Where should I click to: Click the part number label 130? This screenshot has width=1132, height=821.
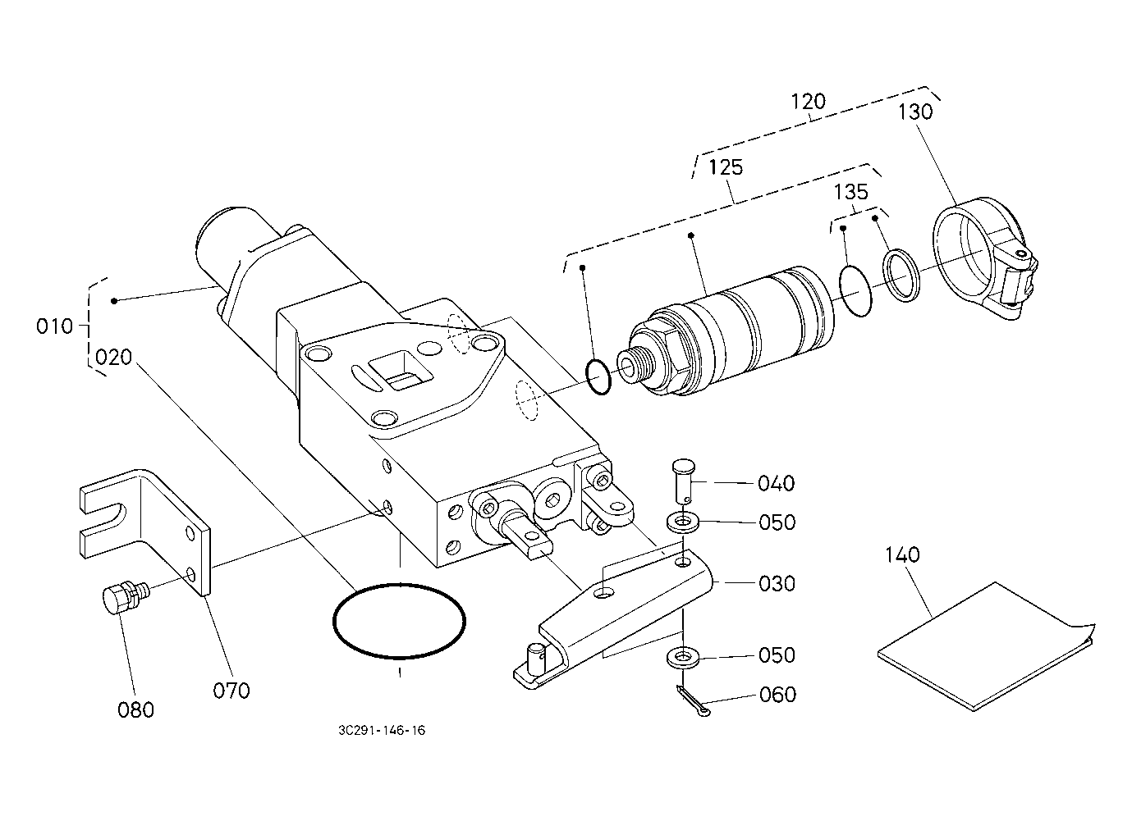[x=915, y=112]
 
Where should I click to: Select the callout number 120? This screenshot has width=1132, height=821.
[x=808, y=102]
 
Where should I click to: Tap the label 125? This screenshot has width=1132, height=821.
[x=726, y=167]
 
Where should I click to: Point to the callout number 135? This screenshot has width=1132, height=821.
[x=851, y=192]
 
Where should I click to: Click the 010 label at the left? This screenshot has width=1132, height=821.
[x=54, y=326]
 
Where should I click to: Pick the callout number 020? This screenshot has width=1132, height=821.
[x=114, y=358]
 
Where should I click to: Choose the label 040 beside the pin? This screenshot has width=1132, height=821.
[x=777, y=483]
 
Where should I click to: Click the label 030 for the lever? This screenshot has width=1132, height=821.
[x=777, y=584]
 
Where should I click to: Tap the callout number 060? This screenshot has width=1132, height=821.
[x=777, y=695]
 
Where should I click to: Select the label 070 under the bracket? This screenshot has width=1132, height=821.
[x=231, y=691]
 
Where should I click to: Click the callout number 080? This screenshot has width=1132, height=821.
[x=136, y=710]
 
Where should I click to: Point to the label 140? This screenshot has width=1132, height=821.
[x=903, y=555]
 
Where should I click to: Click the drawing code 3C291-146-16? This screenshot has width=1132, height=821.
[x=382, y=731]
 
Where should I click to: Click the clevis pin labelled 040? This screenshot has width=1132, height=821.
[x=683, y=480]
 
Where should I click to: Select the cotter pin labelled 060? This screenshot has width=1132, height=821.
[x=692, y=700]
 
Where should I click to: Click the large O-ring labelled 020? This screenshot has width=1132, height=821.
[x=399, y=621]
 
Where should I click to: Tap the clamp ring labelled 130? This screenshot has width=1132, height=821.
[x=985, y=258]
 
